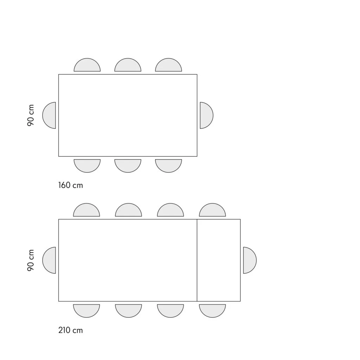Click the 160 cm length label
tap(70, 185)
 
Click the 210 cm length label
tap(70, 330)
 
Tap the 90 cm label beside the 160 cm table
tap(31, 115)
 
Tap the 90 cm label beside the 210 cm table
tap(31, 260)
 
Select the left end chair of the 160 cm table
tap(49, 115)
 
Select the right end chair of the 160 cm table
tap(207, 115)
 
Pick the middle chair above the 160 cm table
tap(128, 65)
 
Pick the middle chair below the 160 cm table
tap(128, 166)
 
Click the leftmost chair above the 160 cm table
tap(87, 65)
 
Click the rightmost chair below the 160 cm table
tap(168, 166)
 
